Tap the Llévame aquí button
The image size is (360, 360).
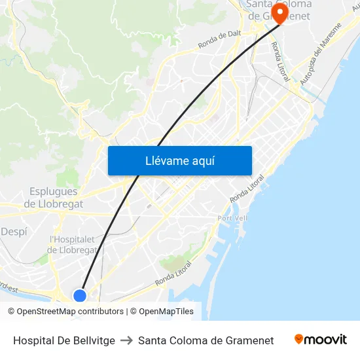179,160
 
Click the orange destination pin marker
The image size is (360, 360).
280,13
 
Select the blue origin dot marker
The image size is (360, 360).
80,296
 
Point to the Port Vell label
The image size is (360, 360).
232,218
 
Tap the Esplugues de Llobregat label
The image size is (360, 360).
54,198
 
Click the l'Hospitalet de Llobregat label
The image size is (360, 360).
73,245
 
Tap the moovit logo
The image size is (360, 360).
321,340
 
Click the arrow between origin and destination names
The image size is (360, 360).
126,340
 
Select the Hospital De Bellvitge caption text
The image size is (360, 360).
64,340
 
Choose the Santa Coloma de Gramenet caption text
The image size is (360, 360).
206,340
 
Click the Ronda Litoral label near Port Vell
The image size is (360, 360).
247,189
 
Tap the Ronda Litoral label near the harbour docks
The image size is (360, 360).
173,273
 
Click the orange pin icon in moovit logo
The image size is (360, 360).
299,339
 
